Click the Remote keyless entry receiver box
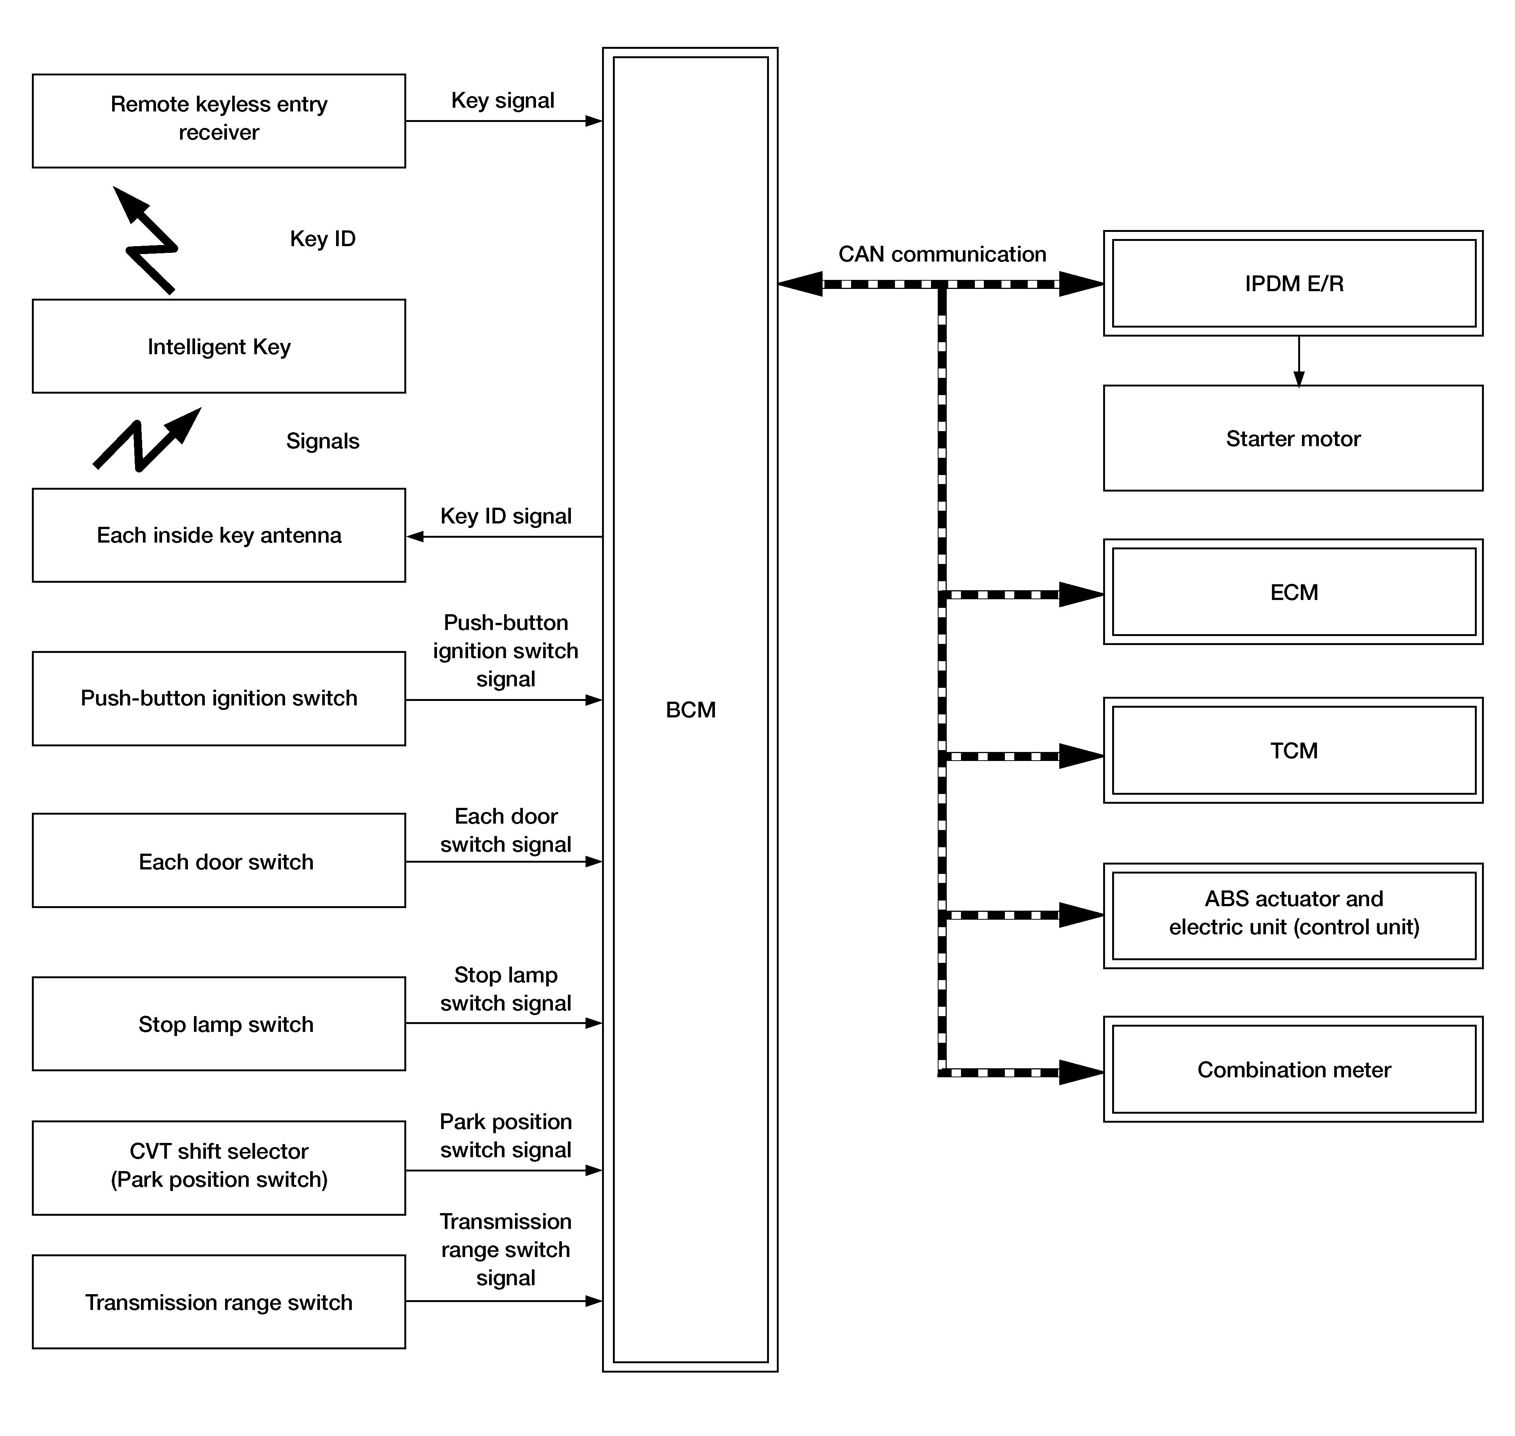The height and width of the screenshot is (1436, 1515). [219, 121]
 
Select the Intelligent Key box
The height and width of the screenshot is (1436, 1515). [219, 346]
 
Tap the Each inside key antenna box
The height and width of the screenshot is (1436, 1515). [219, 535]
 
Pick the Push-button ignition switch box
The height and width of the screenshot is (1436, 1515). [219, 698]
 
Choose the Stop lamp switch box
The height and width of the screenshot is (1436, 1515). [219, 1023]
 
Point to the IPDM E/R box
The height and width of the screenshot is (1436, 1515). [1293, 283]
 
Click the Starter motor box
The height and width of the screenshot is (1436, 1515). [1293, 438]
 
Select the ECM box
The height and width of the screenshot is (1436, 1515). [1293, 592]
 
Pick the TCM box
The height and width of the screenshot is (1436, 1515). [1293, 750]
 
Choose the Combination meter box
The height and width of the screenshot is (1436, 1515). [1293, 1069]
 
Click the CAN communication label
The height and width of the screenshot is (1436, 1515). [942, 254]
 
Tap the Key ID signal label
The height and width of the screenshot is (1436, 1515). [506, 516]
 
